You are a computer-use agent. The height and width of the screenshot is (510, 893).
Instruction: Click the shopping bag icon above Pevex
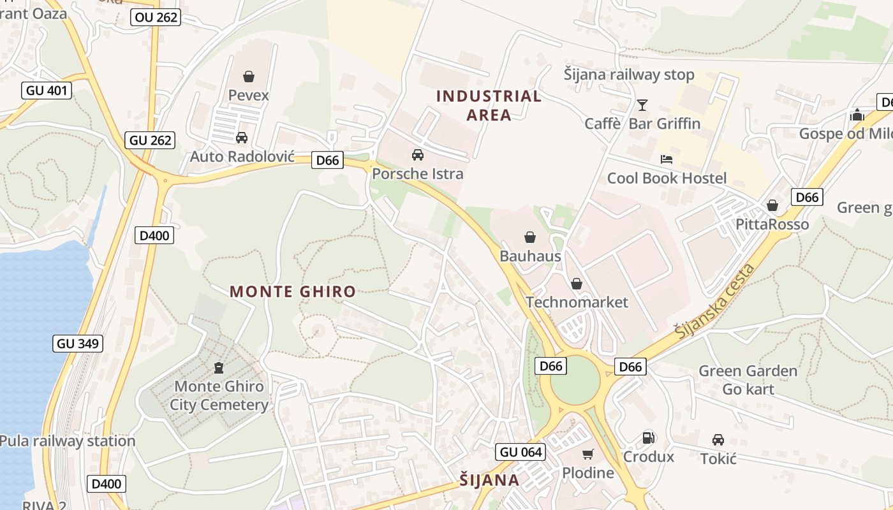[249, 76]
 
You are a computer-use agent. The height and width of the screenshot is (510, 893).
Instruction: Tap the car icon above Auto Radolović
[242, 138]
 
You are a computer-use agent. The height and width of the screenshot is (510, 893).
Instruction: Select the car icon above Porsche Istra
[418, 155]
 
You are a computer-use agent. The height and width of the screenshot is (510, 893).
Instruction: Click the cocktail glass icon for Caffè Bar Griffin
[642, 105]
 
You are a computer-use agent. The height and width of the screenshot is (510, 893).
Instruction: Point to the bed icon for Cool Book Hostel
[667, 159]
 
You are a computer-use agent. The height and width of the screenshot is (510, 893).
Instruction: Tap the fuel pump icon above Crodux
[648, 438]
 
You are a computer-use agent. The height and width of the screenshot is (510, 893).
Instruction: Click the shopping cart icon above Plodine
[587, 454]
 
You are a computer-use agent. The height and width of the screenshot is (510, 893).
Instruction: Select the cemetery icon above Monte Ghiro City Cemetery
[219, 368]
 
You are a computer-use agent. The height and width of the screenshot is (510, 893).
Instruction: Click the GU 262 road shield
[151, 140]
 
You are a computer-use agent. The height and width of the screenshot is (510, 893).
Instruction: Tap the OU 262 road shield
[156, 17]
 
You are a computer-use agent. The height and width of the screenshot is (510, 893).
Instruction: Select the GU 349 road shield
[78, 344]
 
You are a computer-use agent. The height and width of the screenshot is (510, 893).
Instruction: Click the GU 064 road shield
[521, 452]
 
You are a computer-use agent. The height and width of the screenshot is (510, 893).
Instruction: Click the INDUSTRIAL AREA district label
[489, 106]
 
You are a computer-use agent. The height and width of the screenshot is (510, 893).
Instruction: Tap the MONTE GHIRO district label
[293, 292]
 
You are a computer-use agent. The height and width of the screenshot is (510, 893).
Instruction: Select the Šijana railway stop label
[629, 75]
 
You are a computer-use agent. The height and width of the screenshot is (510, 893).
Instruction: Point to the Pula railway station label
[68, 441]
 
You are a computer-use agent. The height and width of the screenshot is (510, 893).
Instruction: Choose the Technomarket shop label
[577, 302]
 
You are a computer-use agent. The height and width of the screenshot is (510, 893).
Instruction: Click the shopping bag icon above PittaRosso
[772, 205]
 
